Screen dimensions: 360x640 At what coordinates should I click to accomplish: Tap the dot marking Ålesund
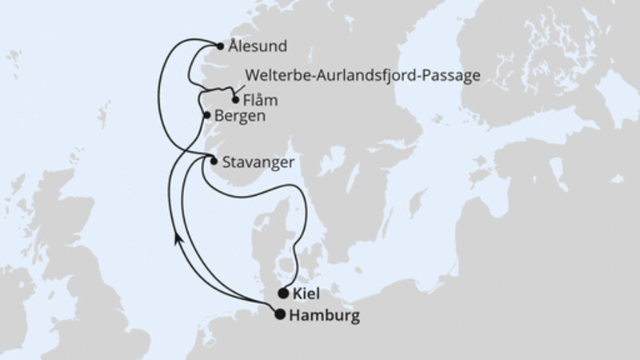(221, 46)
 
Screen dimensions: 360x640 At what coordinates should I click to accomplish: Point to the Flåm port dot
(234, 101)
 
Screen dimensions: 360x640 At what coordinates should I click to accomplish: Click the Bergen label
(240, 117)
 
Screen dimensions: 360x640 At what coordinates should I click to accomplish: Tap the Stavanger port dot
(213, 161)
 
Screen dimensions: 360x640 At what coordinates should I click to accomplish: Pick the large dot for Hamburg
(279, 314)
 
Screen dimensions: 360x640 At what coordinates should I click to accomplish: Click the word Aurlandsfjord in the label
(362, 76)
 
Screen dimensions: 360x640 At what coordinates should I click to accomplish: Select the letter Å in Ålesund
(232, 46)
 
